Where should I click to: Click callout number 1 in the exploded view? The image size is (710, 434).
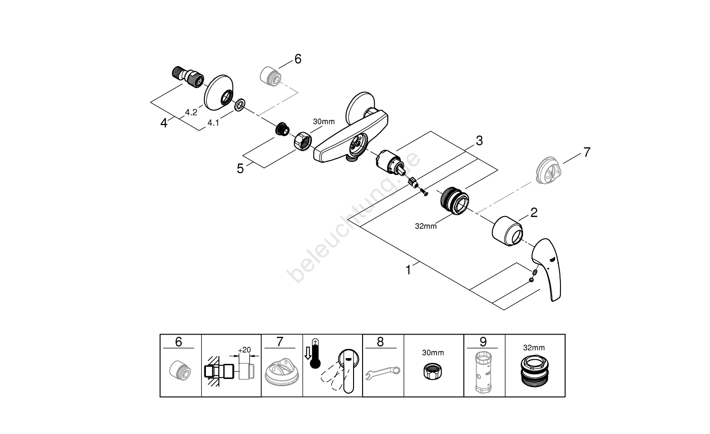click(x=408, y=270)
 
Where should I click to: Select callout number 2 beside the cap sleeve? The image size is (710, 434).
click(x=534, y=212)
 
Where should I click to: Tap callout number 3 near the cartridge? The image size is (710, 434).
click(x=479, y=141)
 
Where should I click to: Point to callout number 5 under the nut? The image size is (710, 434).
click(x=240, y=168)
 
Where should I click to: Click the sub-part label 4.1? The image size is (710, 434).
click(x=213, y=123)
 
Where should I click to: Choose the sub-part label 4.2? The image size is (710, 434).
click(x=191, y=112)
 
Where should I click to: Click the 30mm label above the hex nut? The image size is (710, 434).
click(x=324, y=122)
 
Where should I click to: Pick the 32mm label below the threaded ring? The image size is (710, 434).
click(x=426, y=226)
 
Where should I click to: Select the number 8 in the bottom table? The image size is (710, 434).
click(x=381, y=342)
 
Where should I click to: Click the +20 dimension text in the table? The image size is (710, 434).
click(x=244, y=350)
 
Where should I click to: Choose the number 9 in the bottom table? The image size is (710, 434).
click(x=483, y=342)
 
